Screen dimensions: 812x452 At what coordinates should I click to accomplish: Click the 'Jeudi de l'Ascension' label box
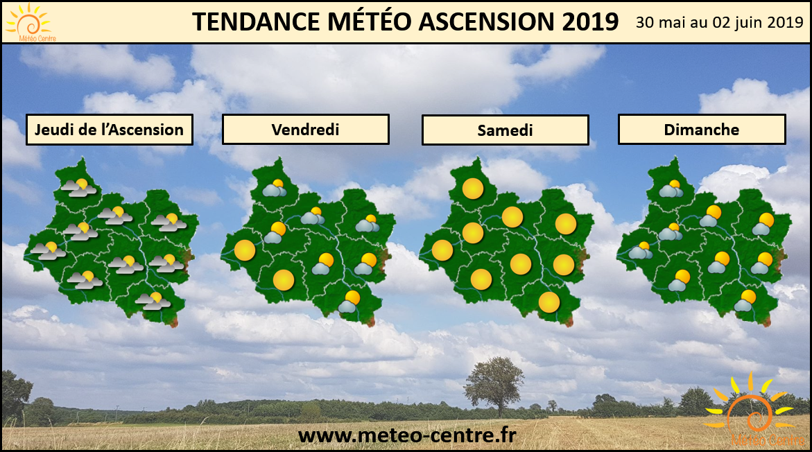pyautogui.click(x=110, y=130)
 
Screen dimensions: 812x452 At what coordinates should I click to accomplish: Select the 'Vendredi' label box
pyautogui.click(x=306, y=130)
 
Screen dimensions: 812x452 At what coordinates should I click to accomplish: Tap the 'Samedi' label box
pyautogui.click(x=506, y=130)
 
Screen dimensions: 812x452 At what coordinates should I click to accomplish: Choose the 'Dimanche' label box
pyautogui.click(x=702, y=130)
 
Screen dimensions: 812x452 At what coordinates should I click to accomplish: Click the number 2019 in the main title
pyautogui.click(x=590, y=21)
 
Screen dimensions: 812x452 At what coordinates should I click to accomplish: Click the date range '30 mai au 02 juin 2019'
pyautogui.click(x=719, y=22)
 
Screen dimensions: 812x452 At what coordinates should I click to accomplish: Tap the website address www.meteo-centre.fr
pyautogui.click(x=407, y=435)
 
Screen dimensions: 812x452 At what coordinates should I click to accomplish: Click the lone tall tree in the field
pyautogui.click(x=494, y=384)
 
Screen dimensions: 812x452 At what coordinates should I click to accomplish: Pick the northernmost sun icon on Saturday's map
pyautogui.click(x=472, y=189)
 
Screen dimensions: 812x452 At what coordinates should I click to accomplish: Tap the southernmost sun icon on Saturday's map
pyautogui.click(x=549, y=302)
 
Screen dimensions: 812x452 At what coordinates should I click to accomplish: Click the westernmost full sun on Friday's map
pyautogui.click(x=244, y=250)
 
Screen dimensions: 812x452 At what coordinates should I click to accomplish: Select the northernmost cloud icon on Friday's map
pyautogui.click(x=275, y=189)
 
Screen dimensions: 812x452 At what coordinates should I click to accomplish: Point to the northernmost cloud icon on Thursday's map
pyautogui.click(x=79, y=188)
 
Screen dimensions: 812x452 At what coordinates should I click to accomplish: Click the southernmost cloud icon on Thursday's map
pyautogui.click(x=153, y=302)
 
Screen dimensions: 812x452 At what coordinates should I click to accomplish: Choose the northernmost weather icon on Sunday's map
pyautogui.click(x=671, y=189)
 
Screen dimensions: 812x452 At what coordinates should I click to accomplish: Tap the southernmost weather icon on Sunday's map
pyautogui.click(x=745, y=301)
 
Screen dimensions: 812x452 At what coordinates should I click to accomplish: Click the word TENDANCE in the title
pyautogui.click(x=257, y=21)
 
